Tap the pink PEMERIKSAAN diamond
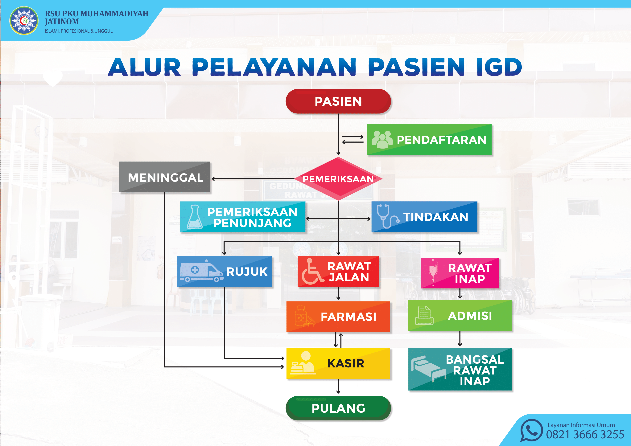(x=338, y=179)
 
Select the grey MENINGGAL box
(x=165, y=177)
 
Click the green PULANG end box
(x=338, y=408)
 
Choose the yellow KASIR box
(x=338, y=363)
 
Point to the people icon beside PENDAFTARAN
(x=382, y=139)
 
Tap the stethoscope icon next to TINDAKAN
(x=387, y=217)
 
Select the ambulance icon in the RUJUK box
(x=201, y=271)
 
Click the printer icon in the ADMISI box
(x=424, y=315)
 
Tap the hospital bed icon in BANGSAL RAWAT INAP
(x=428, y=369)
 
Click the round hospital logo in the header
(x=24, y=21)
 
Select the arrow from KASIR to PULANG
(x=338, y=386)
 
